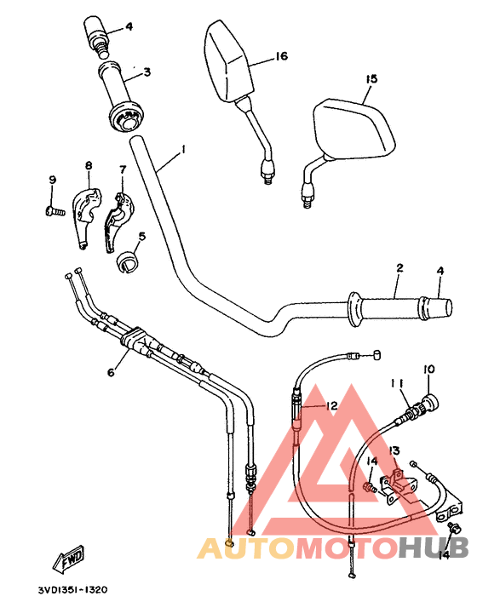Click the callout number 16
[x=281, y=57]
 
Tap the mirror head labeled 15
[x=353, y=130]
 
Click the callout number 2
[x=398, y=268]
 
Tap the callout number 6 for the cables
[x=110, y=372]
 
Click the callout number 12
[x=331, y=407]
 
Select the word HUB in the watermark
[x=432, y=549]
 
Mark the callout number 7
[x=122, y=169]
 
